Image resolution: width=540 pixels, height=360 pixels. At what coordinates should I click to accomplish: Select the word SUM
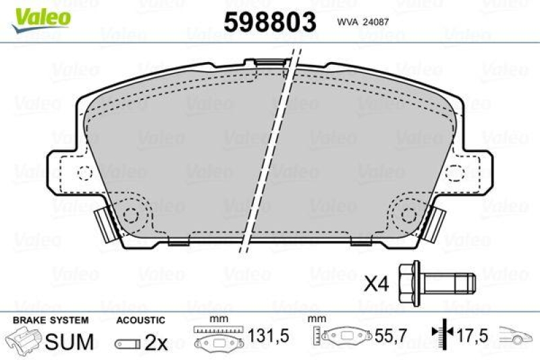click(x=70, y=342)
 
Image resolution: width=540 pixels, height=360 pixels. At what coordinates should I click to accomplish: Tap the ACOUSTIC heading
click(x=140, y=320)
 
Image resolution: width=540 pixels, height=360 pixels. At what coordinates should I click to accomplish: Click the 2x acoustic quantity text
click(x=156, y=342)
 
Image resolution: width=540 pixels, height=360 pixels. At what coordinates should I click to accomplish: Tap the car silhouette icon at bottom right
click(x=516, y=335)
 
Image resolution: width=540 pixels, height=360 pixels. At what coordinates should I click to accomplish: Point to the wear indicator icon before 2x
click(x=127, y=344)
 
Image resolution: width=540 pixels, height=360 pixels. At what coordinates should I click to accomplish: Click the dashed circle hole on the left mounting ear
click(x=84, y=173)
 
